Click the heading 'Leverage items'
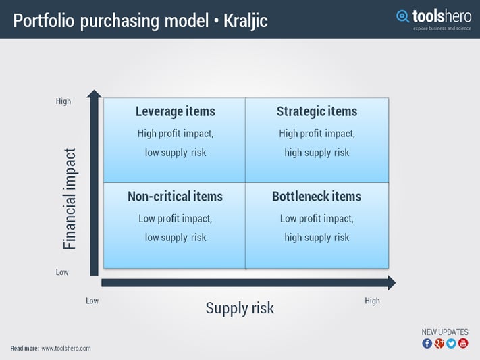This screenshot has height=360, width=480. click(175, 111)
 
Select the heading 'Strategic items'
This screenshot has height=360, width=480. click(317, 111)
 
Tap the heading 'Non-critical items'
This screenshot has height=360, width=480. click(175, 197)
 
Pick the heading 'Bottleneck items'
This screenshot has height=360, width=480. click(317, 197)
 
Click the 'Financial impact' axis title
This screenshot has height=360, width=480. click(70, 199)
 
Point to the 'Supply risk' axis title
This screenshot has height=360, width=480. click(240, 308)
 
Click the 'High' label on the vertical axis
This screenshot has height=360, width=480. click(63, 101)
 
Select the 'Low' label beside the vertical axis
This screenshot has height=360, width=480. click(62, 272)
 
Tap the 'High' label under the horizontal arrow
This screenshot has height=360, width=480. click(372, 301)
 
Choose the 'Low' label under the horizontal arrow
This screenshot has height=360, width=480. click(92, 301)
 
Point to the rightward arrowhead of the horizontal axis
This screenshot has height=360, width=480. click(390, 282)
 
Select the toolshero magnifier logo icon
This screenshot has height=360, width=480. click(403, 16)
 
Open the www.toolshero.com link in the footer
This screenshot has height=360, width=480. click(66, 349)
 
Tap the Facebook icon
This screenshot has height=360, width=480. click(427, 343)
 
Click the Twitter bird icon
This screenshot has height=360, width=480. click(451, 343)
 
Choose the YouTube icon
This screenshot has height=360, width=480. click(463, 343)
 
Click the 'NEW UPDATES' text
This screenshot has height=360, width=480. click(444, 332)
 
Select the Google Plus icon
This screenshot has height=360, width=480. click(439, 343)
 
